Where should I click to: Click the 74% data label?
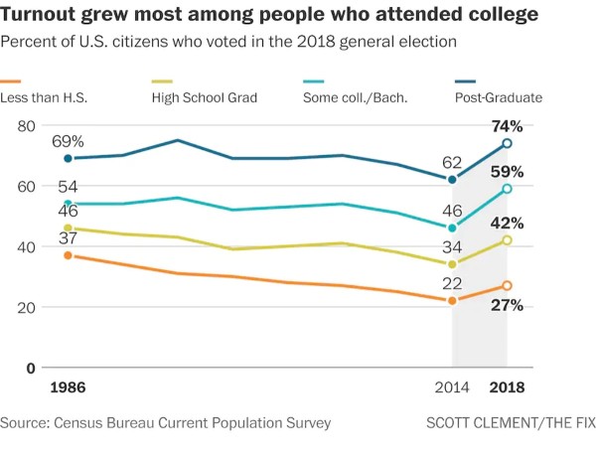[507, 126]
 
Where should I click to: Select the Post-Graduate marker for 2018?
[507, 143]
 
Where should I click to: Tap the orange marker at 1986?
[68, 255]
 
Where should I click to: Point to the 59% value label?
[507, 172]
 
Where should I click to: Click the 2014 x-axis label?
[452, 387]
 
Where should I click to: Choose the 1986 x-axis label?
[68, 387]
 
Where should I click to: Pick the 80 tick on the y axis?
[26, 126]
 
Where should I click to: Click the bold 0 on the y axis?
[31, 369]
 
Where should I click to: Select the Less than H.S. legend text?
[44, 97]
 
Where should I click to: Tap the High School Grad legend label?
[205, 97]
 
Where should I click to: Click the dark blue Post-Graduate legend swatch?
[465, 81]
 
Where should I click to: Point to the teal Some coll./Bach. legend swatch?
[314, 81]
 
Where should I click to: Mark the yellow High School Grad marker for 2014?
[452, 264]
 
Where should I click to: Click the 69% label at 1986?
[68, 142]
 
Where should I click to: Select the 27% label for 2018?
[507, 305]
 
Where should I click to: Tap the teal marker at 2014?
[452, 229]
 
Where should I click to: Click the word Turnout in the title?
[38, 14]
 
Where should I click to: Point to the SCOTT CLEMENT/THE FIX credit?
[511, 423]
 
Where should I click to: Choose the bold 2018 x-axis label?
[507, 387]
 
